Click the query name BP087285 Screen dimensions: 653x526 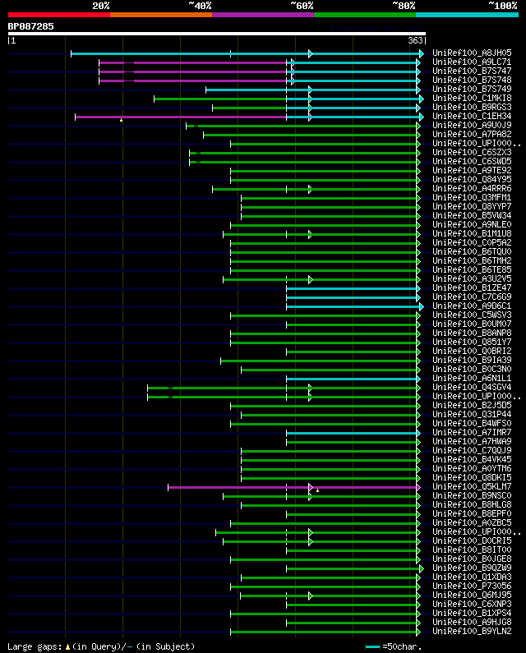pyautogui.click(x=31, y=26)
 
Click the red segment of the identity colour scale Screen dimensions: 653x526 pyautogui.click(x=58, y=14)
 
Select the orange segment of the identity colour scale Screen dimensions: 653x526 pyautogui.click(x=160, y=14)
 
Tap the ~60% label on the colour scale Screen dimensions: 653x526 pyautogui.click(x=302, y=6)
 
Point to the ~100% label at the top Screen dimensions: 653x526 pyautogui.click(x=502, y=6)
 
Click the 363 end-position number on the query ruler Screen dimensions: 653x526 pyautogui.click(x=415, y=40)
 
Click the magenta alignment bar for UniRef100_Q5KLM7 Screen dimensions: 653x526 pyautogui.click(x=238, y=487)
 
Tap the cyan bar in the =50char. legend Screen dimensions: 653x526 pyautogui.click(x=373, y=646)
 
